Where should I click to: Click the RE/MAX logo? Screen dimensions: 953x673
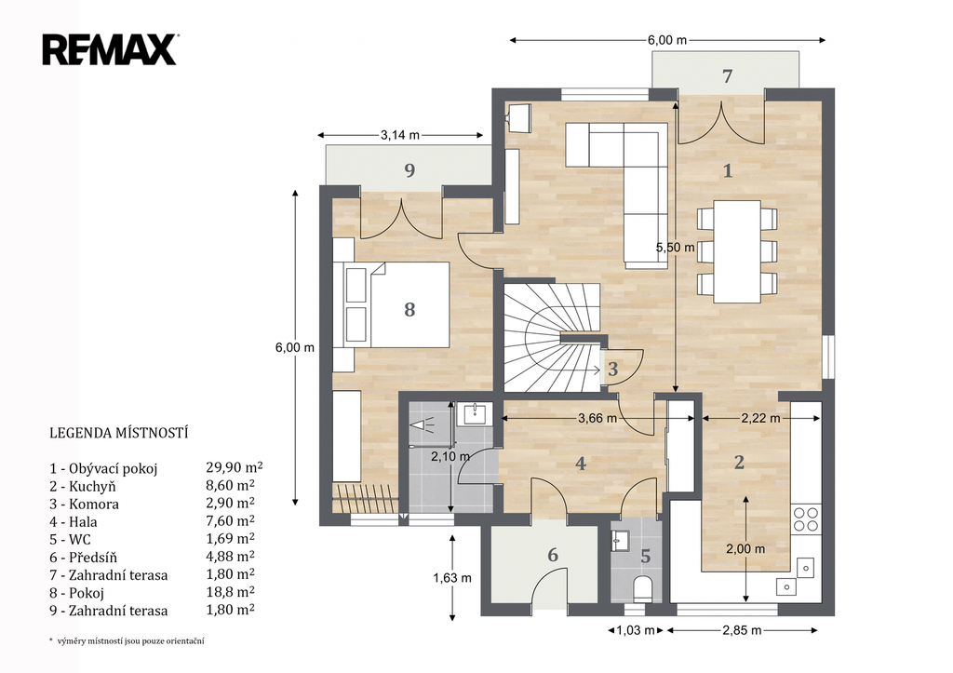(x=110, y=50)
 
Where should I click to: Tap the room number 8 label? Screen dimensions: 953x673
(x=409, y=309)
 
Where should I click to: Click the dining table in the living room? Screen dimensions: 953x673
(x=737, y=251)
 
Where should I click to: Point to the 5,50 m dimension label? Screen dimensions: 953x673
(x=675, y=248)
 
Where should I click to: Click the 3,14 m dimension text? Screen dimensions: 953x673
(x=400, y=135)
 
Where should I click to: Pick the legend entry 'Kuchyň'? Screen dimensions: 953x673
(x=83, y=486)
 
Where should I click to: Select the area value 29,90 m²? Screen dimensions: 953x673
(x=235, y=467)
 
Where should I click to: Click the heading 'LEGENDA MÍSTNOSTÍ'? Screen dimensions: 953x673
(x=118, y=433)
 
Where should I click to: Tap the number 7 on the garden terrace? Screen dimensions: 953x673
(x=727, y=76)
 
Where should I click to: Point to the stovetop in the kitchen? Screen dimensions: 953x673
(x=806, y=518)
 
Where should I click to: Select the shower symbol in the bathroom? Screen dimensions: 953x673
(x=420, y=424)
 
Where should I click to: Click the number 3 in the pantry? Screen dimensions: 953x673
(x=612, y=369)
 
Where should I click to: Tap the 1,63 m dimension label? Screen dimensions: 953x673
(x=452, y=577)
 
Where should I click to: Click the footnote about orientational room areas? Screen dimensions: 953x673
(x=127, y=640)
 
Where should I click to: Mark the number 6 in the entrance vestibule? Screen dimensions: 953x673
(x=553, y=555)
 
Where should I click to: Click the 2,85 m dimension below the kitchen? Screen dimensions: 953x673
(x=742, y=630)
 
